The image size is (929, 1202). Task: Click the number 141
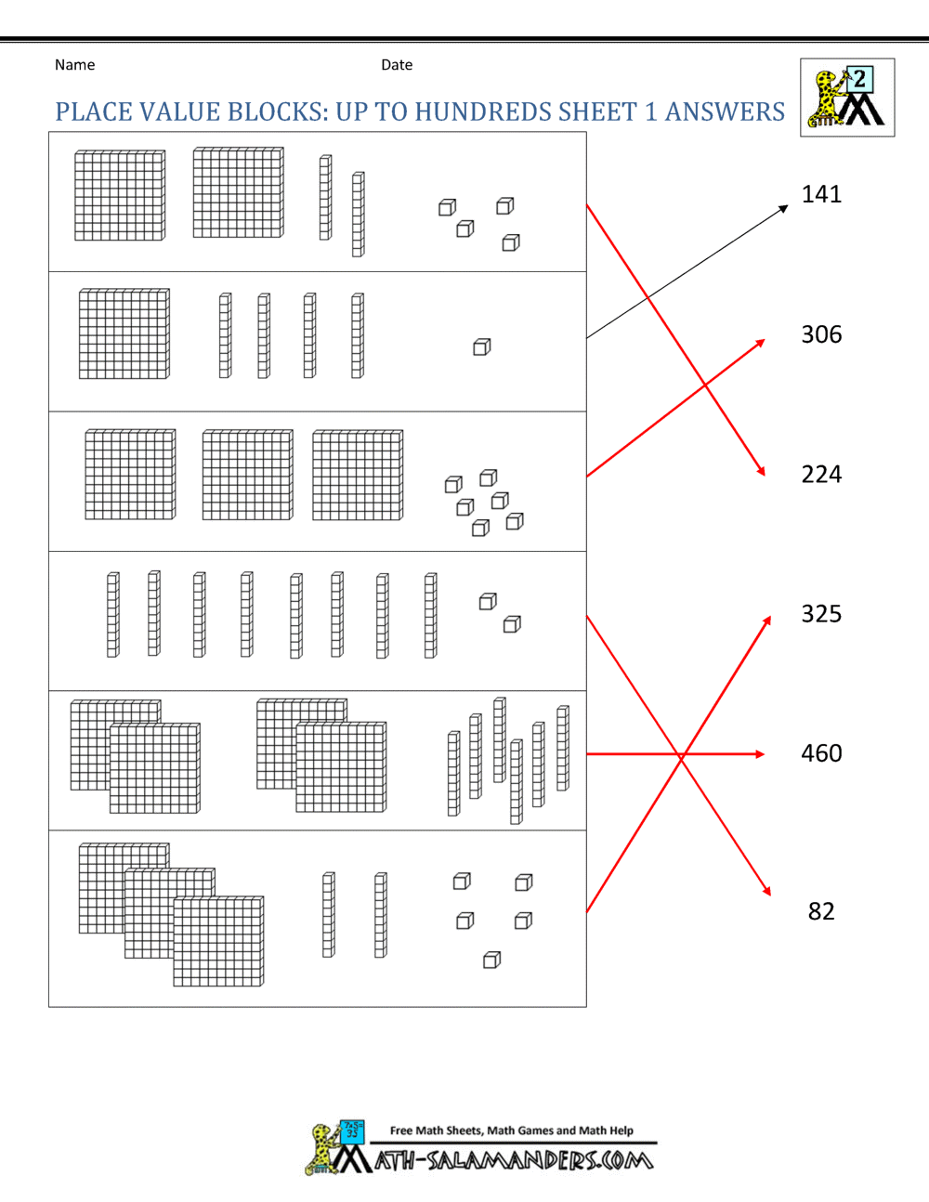click(821, 194)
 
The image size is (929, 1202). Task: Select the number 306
click(821, 334)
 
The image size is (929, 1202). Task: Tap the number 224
click(821, 475)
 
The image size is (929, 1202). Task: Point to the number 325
click(821, 614)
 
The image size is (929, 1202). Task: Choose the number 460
click(821, 753)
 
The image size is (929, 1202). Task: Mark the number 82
click(821, 911)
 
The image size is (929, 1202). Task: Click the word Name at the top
click(74, 65)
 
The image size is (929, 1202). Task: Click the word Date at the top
click(397, 65)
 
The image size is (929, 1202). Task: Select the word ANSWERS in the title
click(725, 112)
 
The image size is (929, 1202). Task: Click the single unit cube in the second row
click(481, 346)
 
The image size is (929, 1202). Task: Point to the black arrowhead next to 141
click(783, 209)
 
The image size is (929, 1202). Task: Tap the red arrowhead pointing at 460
click(760, 754)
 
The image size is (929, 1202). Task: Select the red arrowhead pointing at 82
click(766, 891)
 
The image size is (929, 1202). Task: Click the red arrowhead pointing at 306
click(760, 343)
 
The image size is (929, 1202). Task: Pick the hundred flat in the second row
click(124, 333)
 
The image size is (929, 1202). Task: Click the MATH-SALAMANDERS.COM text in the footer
click(514, 1160)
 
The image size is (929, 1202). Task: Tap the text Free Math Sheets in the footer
click(437, 1130)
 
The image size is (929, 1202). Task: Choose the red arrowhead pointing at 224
click(761, 471)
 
